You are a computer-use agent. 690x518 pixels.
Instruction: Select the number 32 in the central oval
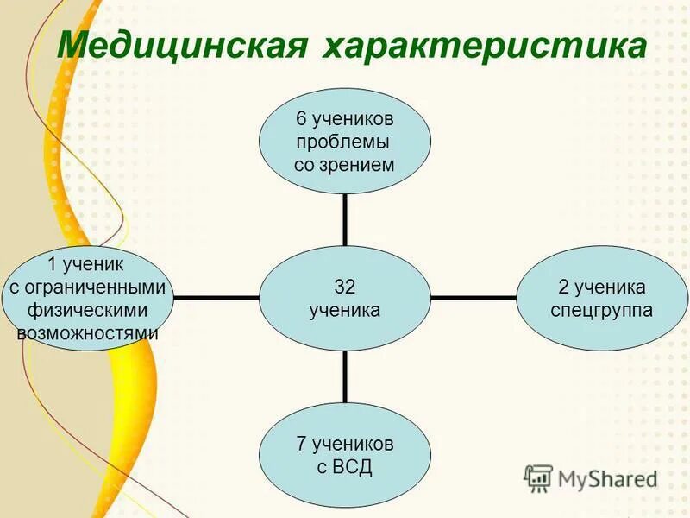(345, 287)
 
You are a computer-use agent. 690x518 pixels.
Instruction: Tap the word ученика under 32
(345, 310)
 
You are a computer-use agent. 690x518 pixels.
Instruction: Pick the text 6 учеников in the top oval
(345, 119)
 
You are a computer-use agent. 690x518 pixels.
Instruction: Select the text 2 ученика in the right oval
(603, 287)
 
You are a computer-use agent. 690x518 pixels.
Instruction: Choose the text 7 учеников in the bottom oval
(345, 445)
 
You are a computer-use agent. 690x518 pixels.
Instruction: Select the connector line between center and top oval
(345, 218)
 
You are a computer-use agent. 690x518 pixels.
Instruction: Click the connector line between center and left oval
(216, 298)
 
